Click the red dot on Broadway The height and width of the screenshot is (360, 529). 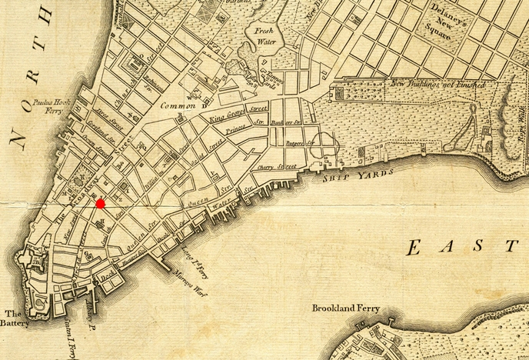click(100, 203)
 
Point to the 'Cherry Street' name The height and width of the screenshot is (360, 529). click(277, 166)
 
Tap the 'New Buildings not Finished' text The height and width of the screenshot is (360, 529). click(438, 84)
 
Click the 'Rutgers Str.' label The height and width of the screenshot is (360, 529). click(301, 142)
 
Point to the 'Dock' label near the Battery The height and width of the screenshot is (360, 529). click(108, 272)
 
